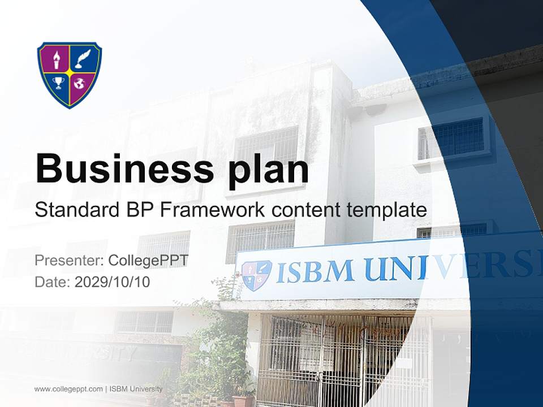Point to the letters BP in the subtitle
point(137,210)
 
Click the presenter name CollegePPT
point(148,261)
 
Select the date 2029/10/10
point(113,282)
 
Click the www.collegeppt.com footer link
point(68,389)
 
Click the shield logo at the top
point(70,74)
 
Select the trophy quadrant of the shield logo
point(58,85)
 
